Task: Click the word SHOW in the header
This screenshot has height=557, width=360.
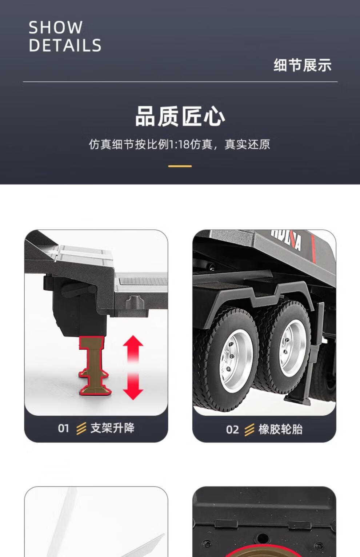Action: [56, 27]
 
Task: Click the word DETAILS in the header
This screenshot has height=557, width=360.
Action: [65, 45]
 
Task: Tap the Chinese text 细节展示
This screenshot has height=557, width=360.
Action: [303, 65]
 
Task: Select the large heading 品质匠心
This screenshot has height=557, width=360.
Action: [180, 116]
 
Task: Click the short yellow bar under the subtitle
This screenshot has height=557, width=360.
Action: [180, 166]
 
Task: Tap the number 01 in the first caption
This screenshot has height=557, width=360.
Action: [63, 428]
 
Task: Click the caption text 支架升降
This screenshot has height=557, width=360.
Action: [112, 428]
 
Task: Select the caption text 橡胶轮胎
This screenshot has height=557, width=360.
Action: [280, 429]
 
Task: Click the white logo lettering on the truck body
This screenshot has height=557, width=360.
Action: [286, 239]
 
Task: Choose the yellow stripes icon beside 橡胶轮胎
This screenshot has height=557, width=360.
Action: [249, 430]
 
